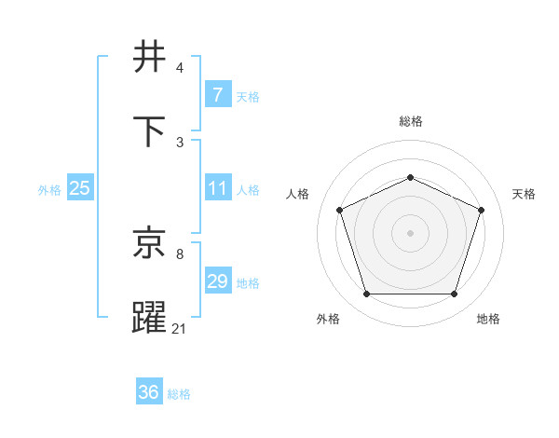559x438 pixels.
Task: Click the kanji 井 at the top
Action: [151, 56]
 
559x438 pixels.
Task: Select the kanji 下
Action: [151, 130]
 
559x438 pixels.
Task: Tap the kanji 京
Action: [151, 243]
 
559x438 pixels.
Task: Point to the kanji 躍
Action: [151, 318]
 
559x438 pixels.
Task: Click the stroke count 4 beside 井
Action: [180, 68]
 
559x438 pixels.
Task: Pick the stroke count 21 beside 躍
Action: [180, 329]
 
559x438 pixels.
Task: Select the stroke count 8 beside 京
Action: [180, 254]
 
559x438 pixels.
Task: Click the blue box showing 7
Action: [217, 95]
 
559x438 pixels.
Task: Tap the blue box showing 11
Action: [217, 188]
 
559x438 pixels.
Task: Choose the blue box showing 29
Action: [217, 281]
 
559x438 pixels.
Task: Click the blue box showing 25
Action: [80, 188]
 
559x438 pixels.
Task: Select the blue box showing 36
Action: [149, 392]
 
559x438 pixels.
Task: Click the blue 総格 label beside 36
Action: [179, 394]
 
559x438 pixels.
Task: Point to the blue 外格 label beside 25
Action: [49, 190]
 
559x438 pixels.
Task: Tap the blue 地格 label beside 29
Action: [248, 283]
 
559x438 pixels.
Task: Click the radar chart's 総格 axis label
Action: [410, 121]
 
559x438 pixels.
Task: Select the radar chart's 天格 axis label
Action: [524, 194]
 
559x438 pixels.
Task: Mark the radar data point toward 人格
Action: [339, 209]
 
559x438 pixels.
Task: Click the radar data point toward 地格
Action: [454, 294]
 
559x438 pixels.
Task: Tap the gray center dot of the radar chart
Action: [410, 232]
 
